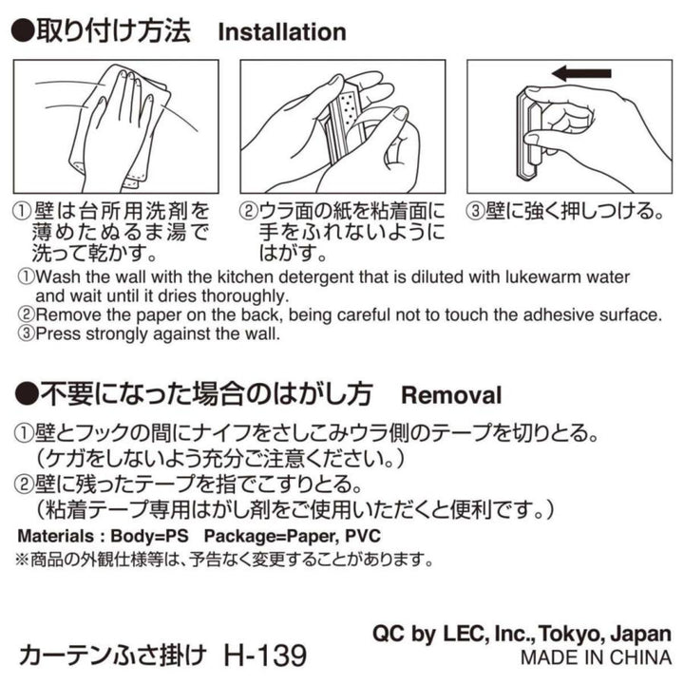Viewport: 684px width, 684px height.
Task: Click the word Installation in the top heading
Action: [282, 32]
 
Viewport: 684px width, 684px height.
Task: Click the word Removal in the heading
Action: [451, 395]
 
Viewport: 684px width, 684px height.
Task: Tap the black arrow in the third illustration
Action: [582, 73]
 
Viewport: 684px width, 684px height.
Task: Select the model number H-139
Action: [265, 655]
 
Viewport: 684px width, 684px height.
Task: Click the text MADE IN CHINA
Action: [597, 657]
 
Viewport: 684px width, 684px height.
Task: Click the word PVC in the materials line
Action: [363, 536]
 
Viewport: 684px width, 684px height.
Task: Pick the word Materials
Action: [55, 536]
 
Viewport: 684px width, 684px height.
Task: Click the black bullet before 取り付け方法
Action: [22, 31]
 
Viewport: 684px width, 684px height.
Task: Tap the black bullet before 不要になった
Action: [27, 393]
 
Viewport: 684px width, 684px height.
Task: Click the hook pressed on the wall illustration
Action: [530, 134]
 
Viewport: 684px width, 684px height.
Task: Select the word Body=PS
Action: [150, 536]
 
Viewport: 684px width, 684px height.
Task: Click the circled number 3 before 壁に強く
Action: [475, 211]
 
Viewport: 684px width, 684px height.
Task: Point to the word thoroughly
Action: [246, 296]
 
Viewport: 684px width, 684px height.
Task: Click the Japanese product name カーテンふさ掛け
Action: [112, 655]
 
